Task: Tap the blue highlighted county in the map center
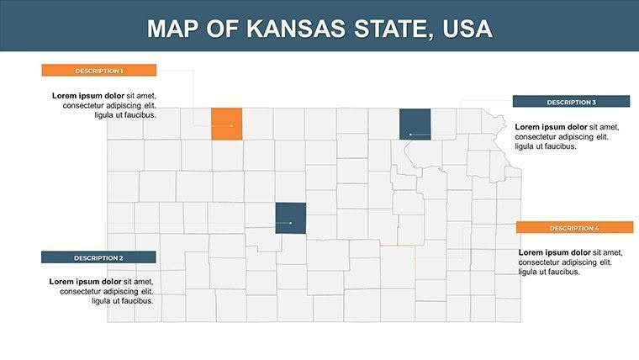[290, 218]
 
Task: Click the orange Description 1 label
[99, 71]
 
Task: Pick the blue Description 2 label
[98, 257]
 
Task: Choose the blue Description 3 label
[571, 102]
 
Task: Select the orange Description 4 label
[574, 228]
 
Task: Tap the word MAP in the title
[173, 29]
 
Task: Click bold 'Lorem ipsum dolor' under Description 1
[87, 95]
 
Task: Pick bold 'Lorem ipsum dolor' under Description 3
[550, 126]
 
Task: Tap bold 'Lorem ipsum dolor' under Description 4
[554, 252]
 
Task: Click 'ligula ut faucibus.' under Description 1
[125, 115]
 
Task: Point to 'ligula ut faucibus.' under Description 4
[549, 273]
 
